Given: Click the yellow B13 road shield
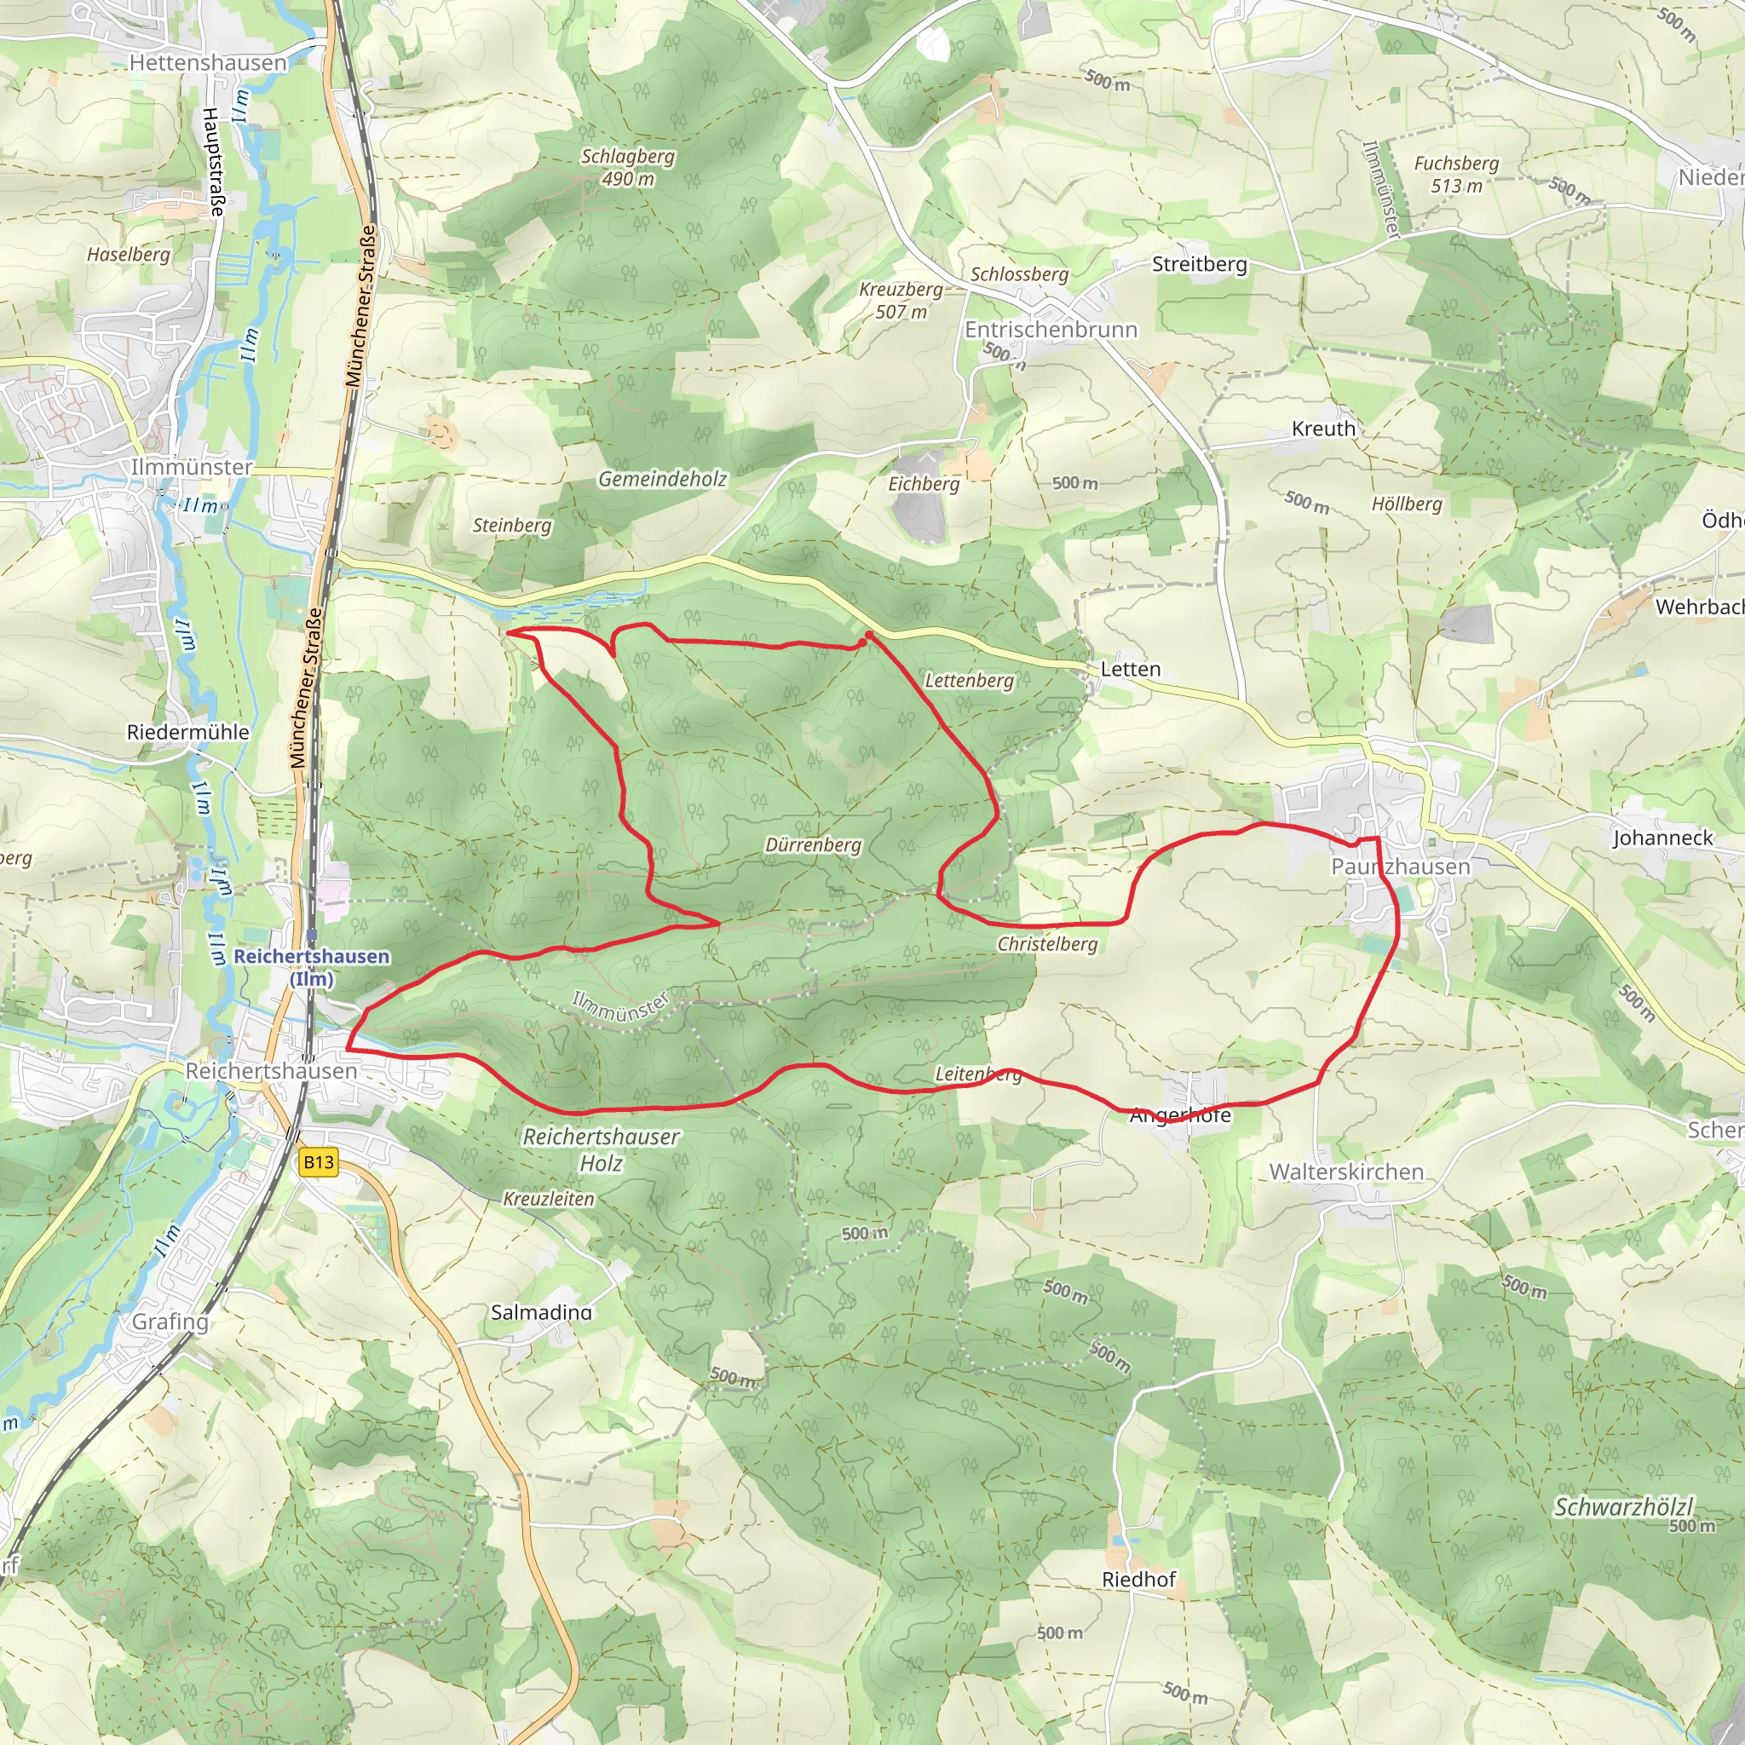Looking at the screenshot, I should click(x=318, y=1161).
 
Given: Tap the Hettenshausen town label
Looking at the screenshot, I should click(x=208, y=62).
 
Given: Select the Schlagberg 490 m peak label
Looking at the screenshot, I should click(x=628, y=167).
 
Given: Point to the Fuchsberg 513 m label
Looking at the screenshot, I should click(x=1456, y=175).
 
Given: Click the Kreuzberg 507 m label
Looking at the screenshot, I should click(x=901, y=300).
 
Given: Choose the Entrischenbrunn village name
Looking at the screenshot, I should click(x=1051, y=330).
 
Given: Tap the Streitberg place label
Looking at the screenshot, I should click(x=1199, y=264).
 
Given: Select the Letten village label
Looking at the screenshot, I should click(x=1130, y=669).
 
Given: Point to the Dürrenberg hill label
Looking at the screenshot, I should click(x=813, y=844).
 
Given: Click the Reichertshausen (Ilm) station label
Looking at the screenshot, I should click(x=312, y=966).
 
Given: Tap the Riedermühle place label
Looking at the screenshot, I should click(x=187, y=732).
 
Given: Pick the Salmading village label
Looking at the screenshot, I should click(x=541, y=1311).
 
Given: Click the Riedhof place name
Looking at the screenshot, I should click(x=1138, y=1579).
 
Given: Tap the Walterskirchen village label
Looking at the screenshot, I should click(x=1345, y=1172).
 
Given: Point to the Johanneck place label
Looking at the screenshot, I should click(x=1663, y=838).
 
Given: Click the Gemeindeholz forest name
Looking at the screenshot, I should click(x=662, y=479).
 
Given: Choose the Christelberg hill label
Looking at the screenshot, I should click(x=1047, y=944).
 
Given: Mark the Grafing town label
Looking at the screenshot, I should click(x=170, y=1322).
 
